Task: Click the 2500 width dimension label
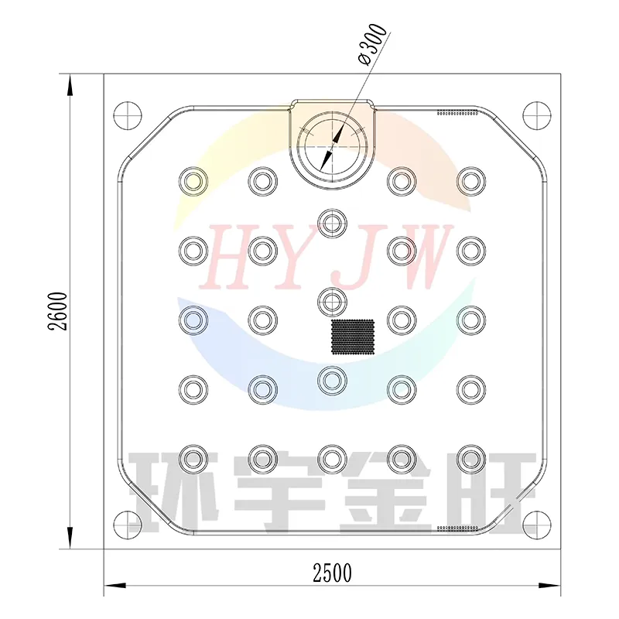[332, 573]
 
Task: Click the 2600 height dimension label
[57, 311]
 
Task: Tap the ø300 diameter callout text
[371, 45]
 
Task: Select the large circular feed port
[332, 146]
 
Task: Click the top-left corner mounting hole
[128, 115]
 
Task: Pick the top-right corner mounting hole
[537, 115]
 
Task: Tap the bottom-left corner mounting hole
[128, 525]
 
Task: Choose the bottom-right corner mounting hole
[537, 525]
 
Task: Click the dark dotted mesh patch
[353, 337]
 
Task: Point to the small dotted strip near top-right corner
[457, 113]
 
